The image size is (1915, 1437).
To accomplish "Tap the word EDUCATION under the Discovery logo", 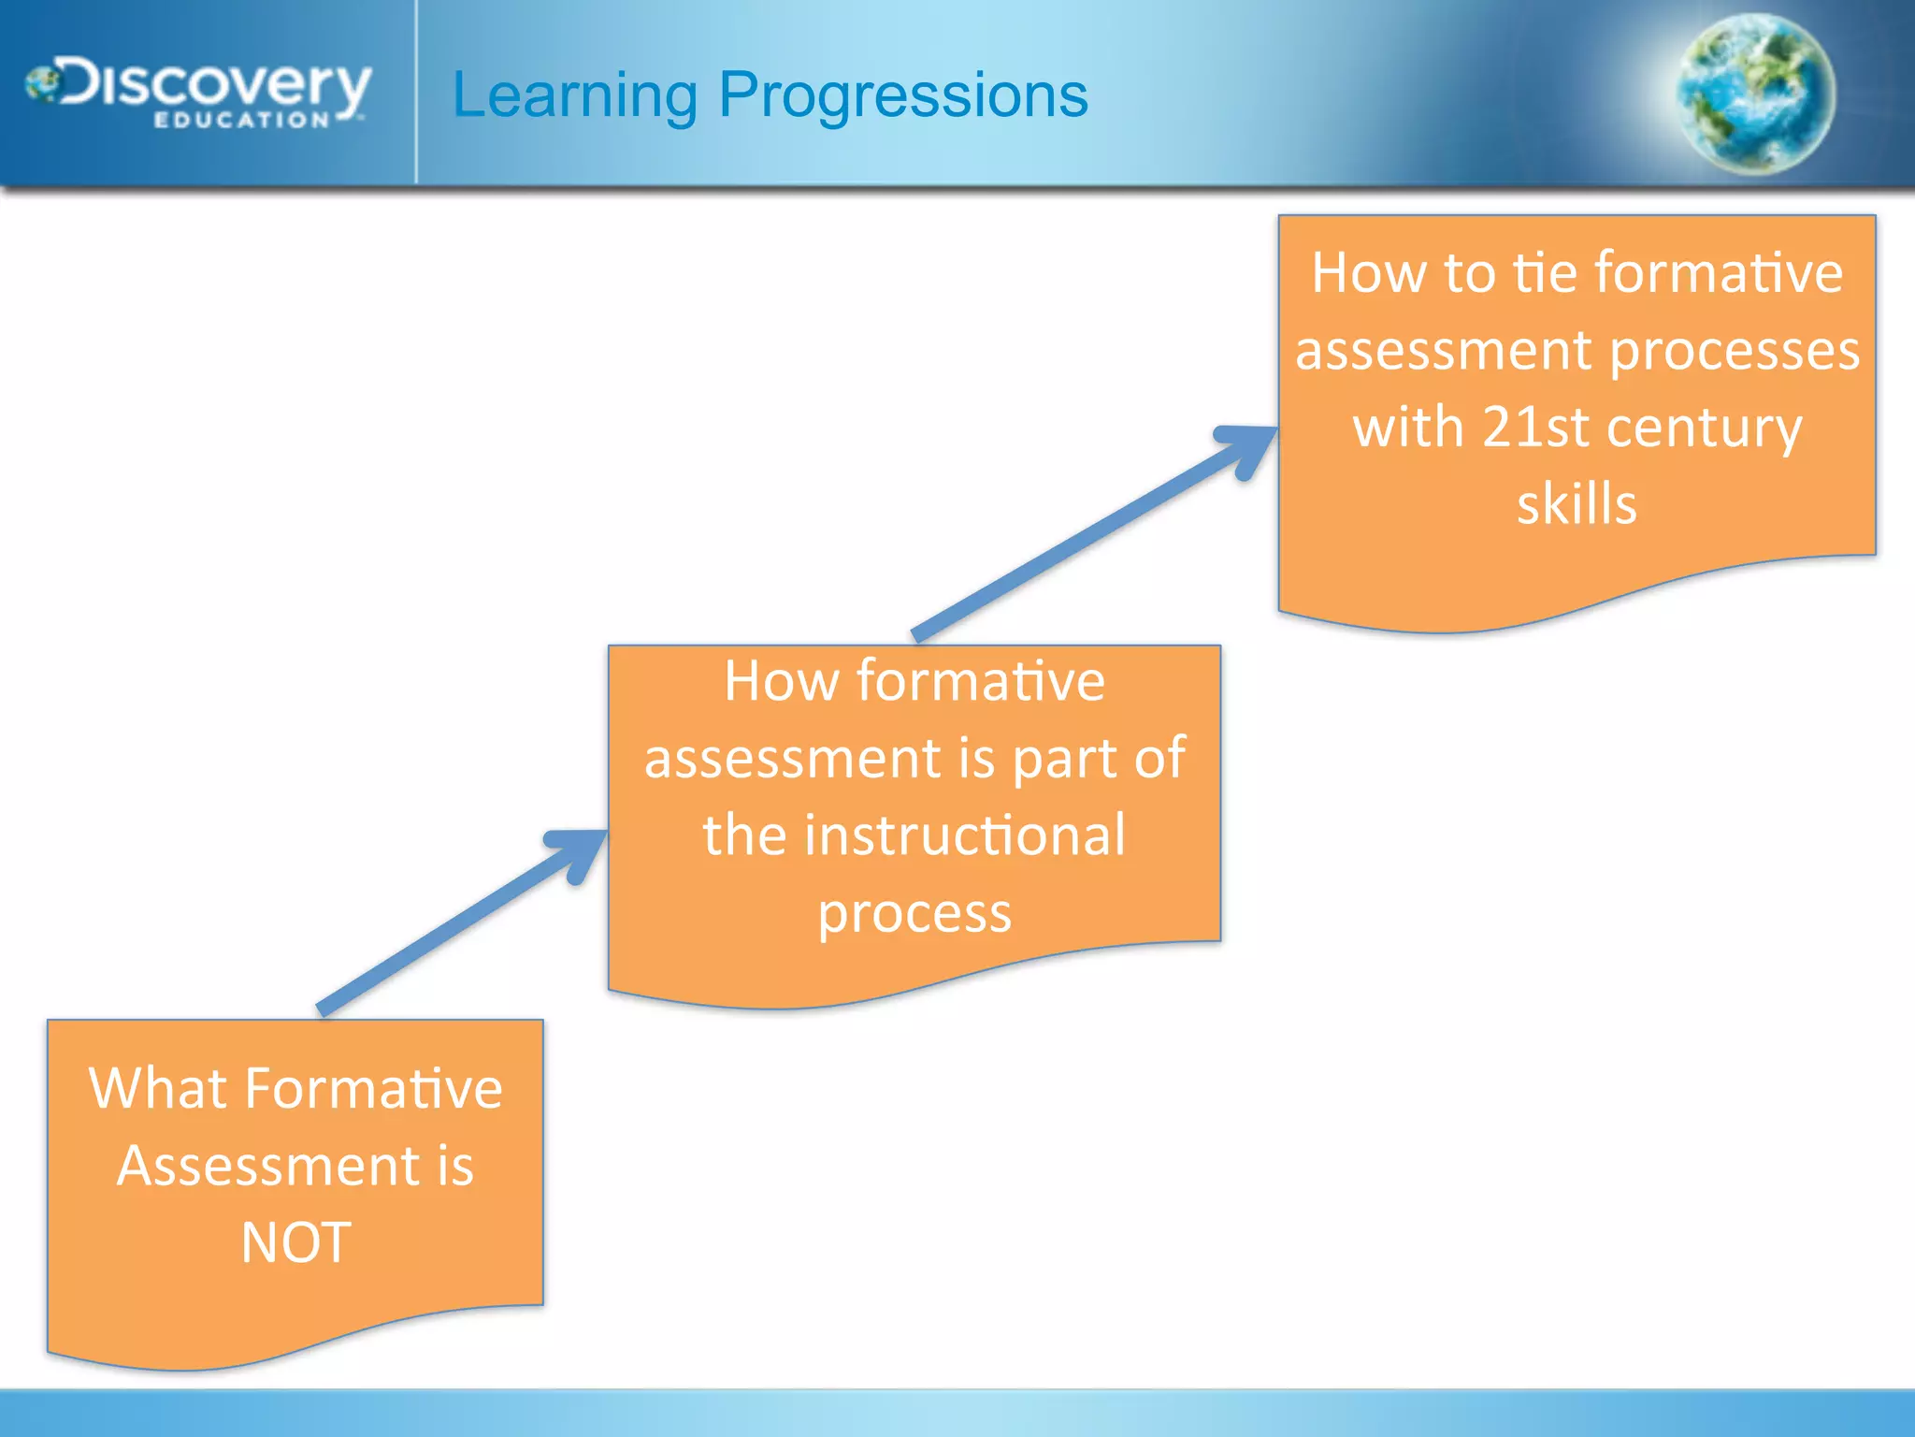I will click(x=241, y=121).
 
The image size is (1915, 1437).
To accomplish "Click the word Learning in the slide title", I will click(x=574, y=95).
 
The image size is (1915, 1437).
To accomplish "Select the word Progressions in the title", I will click(x=902, y=95).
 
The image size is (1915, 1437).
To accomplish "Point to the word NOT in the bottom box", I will click(x=295, y=1242).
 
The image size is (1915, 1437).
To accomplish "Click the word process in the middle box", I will click(x=914, y=913).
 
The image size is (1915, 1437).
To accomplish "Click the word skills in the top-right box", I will click(x=1577, y=504).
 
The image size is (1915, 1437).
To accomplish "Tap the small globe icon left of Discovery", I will click(x=42, y=84).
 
